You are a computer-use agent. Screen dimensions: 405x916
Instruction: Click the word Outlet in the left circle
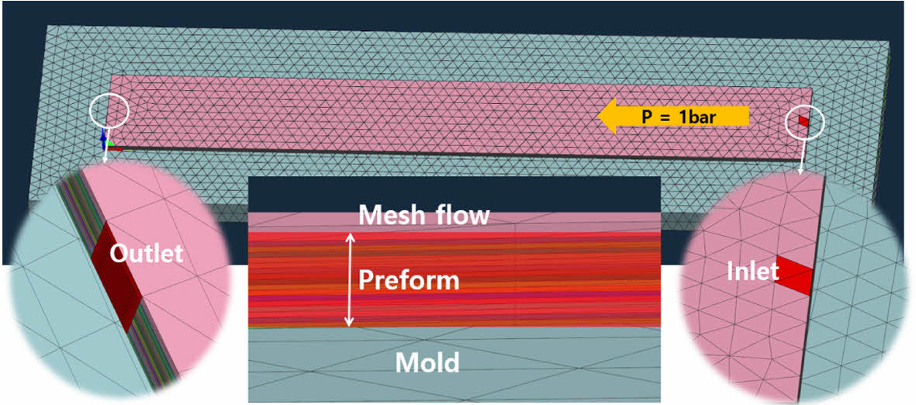146,254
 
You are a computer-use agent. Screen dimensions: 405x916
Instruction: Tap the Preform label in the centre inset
408,280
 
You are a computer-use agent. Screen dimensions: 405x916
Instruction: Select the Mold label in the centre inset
427,362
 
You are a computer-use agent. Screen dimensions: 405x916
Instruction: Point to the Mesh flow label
423,215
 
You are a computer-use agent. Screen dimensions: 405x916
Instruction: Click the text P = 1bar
679,117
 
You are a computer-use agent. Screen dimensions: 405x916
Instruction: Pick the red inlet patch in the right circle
793,276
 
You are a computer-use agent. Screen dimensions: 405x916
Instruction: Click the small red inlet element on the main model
803,121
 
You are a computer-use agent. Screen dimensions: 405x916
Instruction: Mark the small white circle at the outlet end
108,112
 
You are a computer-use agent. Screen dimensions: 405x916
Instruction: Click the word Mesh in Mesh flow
389,215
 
